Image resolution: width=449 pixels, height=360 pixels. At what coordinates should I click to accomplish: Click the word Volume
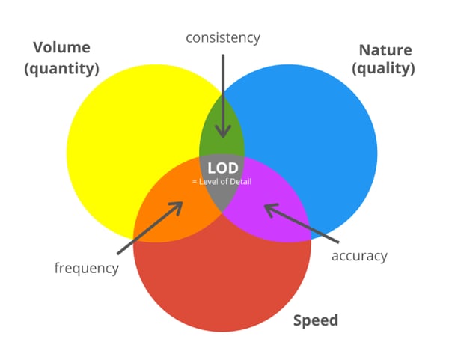(x=61, y=47)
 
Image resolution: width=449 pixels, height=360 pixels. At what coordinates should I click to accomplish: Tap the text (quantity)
(x=61, y=69)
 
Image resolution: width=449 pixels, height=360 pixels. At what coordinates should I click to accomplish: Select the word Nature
(x=385, y=50)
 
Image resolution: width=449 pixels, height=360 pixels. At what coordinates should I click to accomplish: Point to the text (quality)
(x=383, y=69)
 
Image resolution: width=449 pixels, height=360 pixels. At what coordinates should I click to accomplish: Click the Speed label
(x=316, y=320)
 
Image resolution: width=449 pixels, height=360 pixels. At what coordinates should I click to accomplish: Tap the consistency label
(x=223, y=37)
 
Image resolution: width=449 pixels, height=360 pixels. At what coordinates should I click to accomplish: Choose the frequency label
(x=87, y=269)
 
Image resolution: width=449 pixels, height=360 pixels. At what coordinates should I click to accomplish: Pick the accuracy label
(x=359, y=256)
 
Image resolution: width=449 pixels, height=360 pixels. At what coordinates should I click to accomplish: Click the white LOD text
(x=223, y=168)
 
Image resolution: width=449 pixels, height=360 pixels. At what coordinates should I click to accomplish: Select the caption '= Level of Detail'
(x=222, y=182)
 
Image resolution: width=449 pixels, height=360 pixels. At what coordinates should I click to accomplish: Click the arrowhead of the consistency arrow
(x=223, y=133)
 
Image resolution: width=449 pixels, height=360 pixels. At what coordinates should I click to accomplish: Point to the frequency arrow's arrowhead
(x=177, y=207)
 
